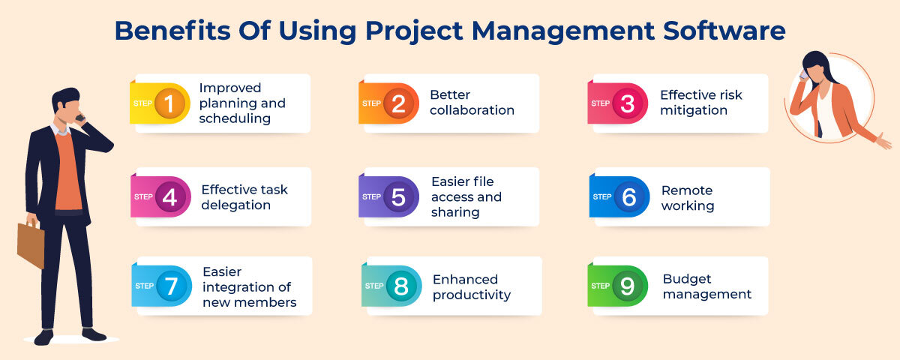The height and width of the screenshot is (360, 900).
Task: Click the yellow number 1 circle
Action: (x=169, y=103)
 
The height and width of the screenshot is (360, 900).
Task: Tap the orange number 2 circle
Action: (x=398, y=103)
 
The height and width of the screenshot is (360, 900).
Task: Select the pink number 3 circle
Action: (x=628, y=103)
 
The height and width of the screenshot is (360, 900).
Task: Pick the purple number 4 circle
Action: (x=170, y=196)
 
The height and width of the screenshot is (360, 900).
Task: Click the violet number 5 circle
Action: (x=398, y=196)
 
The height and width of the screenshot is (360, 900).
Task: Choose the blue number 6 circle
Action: (x=629, y=196)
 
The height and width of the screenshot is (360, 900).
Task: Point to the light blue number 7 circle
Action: (x=172, y=286)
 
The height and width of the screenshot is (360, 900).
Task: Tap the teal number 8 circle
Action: (x=401, y=286)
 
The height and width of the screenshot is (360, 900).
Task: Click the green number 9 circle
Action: (x=628, y=286)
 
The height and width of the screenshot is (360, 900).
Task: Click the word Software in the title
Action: (x=724, y=31)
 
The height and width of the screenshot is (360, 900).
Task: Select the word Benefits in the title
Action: (x=172, y=31)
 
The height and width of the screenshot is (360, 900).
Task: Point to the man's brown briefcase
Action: (x=31, y=244)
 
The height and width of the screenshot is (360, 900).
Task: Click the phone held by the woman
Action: (x=803, y=75)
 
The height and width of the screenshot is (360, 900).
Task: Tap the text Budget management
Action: (x=707, y=286)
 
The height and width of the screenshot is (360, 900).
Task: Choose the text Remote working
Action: (x=688, y=198)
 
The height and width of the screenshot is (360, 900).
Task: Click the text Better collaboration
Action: (x=472, y=103)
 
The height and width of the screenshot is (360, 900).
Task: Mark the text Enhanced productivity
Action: (x=472, y=286)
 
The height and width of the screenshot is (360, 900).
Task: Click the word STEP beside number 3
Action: (x=600, y=103)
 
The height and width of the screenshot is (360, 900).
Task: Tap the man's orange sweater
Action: (x=68, y=172)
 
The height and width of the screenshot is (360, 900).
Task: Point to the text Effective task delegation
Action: (x=244, y=196)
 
